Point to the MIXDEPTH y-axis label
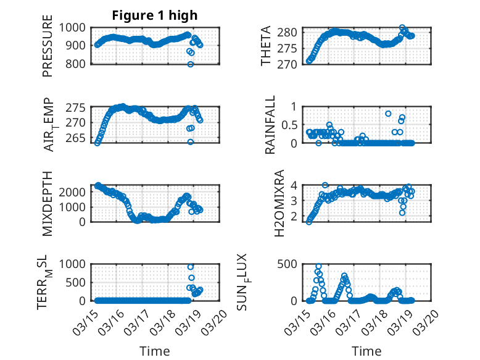pyautogui.click(x=48, y=203)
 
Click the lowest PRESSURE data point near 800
pyautogui.click(x=191, y=64)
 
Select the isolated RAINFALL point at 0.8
pyautogui.click(x=388, y=114)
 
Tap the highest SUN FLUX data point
pyautogui.click(x=319, y=266)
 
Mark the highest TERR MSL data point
pyautogui.click(x=191, y=267)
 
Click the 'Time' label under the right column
pyautogui.click(x=366, y=351)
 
